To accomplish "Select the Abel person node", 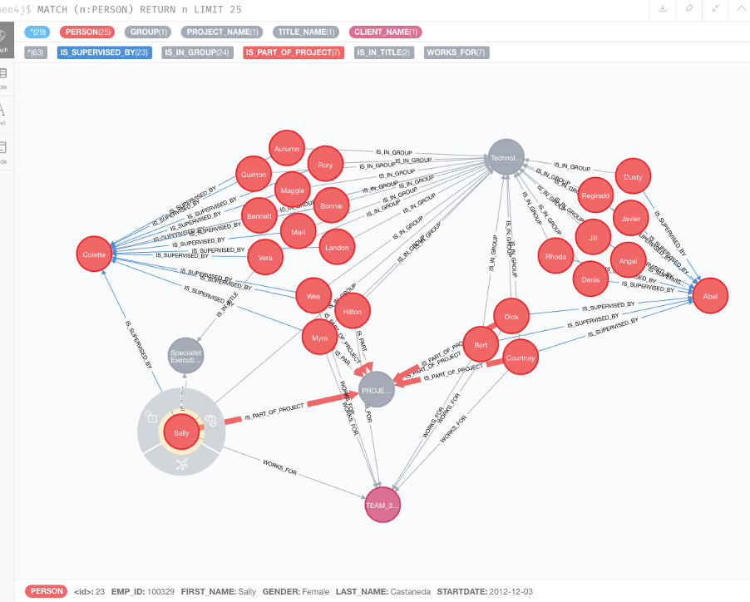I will (710, 295).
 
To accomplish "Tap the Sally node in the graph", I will (181, 432).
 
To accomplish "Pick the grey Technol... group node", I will (506, 158).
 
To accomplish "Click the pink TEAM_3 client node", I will (382, 505).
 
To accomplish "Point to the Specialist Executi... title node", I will (185, 356).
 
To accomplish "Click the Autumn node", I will (285, 149).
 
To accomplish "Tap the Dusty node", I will (633, 176).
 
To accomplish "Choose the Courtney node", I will (521, 358).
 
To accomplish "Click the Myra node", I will (320, 338).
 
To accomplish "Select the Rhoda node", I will (555, 256).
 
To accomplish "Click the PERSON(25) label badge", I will (87, 32).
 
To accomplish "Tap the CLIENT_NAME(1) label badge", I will (386, 32).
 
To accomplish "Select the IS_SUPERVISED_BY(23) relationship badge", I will (104, 52).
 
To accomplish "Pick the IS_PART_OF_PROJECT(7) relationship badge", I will (294, 52).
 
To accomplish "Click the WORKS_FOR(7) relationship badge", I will (456, 52).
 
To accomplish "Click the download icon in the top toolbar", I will (663, 8).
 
